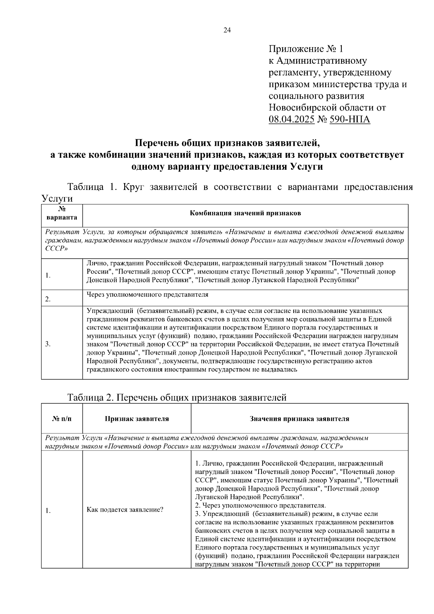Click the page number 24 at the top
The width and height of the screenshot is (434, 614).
(227, 30)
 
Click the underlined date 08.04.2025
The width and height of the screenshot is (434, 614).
(292, 119)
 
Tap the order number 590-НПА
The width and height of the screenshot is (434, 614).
(350, 119)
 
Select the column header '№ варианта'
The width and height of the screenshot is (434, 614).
(62, 214)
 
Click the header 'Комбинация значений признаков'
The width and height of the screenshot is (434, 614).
(245, 213)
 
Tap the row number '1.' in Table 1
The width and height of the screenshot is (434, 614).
(48, 276)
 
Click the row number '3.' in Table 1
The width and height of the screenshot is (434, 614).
(48, 344)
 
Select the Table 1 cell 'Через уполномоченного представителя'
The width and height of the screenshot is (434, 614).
(147, 295)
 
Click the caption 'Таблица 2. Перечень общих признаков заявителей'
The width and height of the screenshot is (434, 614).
(177, 398)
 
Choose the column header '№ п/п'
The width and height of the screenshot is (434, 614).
(62, 419)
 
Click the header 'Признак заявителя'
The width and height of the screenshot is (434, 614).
(137, 419)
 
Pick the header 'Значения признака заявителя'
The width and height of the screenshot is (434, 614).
(299, 419)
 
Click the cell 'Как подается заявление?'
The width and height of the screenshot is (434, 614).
(125, 510)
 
